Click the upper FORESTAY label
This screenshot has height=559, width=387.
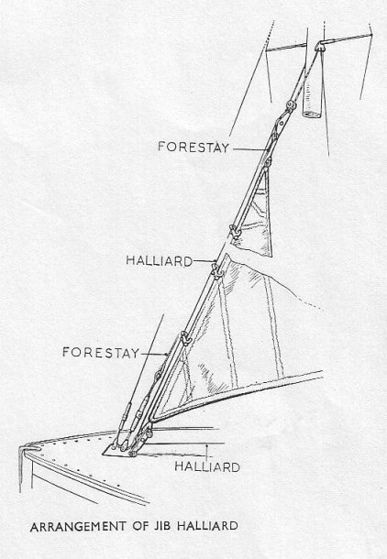click(193, 147)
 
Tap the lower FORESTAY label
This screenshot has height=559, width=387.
click(101, 352)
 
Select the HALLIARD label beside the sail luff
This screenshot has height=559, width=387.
click(159, 260)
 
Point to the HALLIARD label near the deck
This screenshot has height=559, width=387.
click(207, 466)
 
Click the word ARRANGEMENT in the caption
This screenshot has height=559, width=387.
click(78, 526)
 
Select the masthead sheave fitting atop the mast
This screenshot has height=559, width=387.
click(320, 46)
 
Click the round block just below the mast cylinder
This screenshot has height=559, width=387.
click(291, 105)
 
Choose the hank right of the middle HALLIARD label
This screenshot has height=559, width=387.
click(216, 270)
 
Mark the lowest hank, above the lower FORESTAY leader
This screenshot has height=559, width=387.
click(185, 338)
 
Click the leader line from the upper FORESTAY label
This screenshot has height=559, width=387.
click(250, 149)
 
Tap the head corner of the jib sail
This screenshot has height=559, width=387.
click(268, 162)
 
